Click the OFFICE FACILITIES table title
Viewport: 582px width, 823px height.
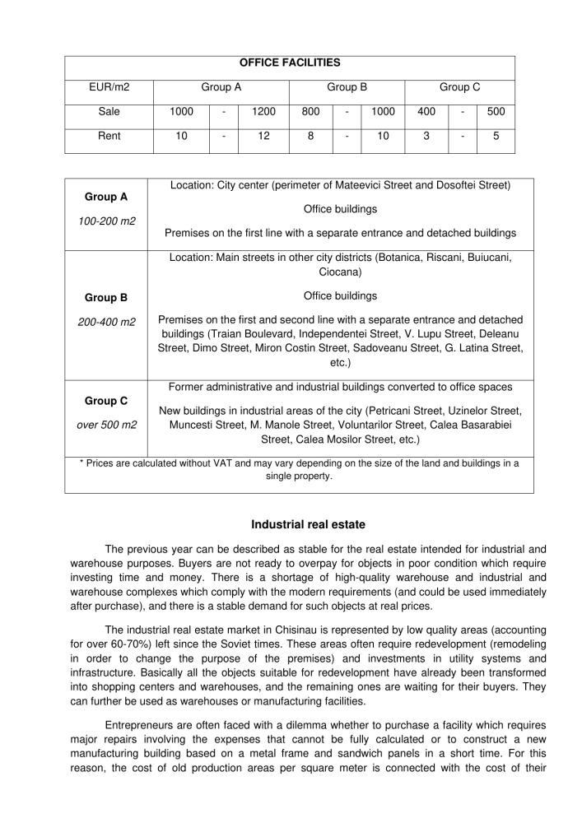click(x=290, y=63)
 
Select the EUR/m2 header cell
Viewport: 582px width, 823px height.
click(x=109, y=86)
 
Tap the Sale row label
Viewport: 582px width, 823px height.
click(x=109, y=111)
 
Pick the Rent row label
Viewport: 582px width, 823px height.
click(x=109, y=136)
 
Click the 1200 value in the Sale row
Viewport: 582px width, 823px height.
click(x=263, y=111)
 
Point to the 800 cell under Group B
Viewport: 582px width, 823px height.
click(x=310, y=111)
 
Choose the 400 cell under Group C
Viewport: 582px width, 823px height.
click(x=426, y=111)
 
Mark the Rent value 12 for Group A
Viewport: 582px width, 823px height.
click(x=263, y=136)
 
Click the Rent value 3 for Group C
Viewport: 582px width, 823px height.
click(x=426, y=136)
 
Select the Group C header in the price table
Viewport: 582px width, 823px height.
click(x=459, y=86)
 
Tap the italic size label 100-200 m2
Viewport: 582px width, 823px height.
click(x=106, y=222)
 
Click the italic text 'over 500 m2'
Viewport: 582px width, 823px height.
click(x=106, y=425)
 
